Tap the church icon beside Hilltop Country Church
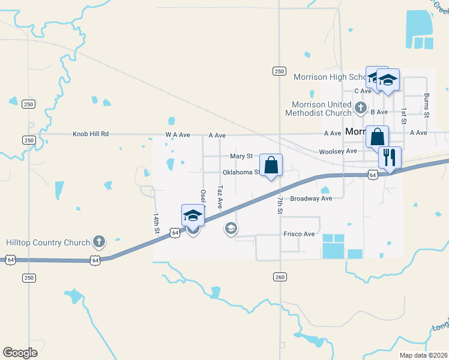[x=99, y=242]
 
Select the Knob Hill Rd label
[x=91, y=134]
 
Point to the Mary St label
[x=241, y=156]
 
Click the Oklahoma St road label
[x=241, y=172]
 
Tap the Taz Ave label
[x=220, y=197]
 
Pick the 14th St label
[x=156, y=223]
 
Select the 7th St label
[x=280, y=204]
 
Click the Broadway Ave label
[x=310, y=199]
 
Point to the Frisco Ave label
[x=298, y=234]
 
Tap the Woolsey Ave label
[x=338, y=151]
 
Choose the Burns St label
[x=427, y=105]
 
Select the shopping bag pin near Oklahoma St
[x=271, y=165]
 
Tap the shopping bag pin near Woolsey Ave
[x=377, y=137]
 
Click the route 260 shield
[x=280, y=277]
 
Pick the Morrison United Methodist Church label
[x=318, y=109]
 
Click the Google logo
[x=20, y=352]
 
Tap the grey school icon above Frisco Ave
[x=231, y=228]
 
